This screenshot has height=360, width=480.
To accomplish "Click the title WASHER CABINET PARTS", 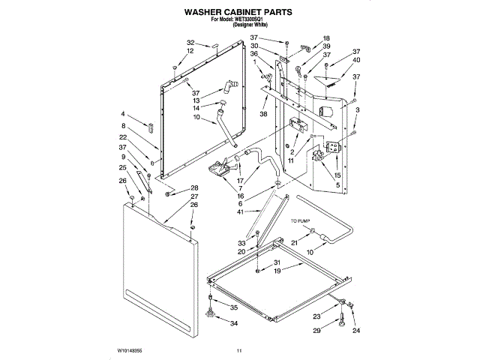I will pos(239,13).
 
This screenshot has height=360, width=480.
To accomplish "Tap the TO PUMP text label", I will pos(300,222).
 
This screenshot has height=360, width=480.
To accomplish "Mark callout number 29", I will pos(316,331).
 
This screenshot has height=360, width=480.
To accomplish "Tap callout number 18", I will pos(326,37).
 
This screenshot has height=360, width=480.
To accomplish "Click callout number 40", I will pos(356,60).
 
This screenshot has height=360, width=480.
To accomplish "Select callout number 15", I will pos(326,175).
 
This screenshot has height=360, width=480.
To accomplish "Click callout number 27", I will pos(193,196).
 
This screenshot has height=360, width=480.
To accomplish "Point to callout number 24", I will pos(356,331).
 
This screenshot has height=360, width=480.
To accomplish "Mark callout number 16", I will pos(241,195).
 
